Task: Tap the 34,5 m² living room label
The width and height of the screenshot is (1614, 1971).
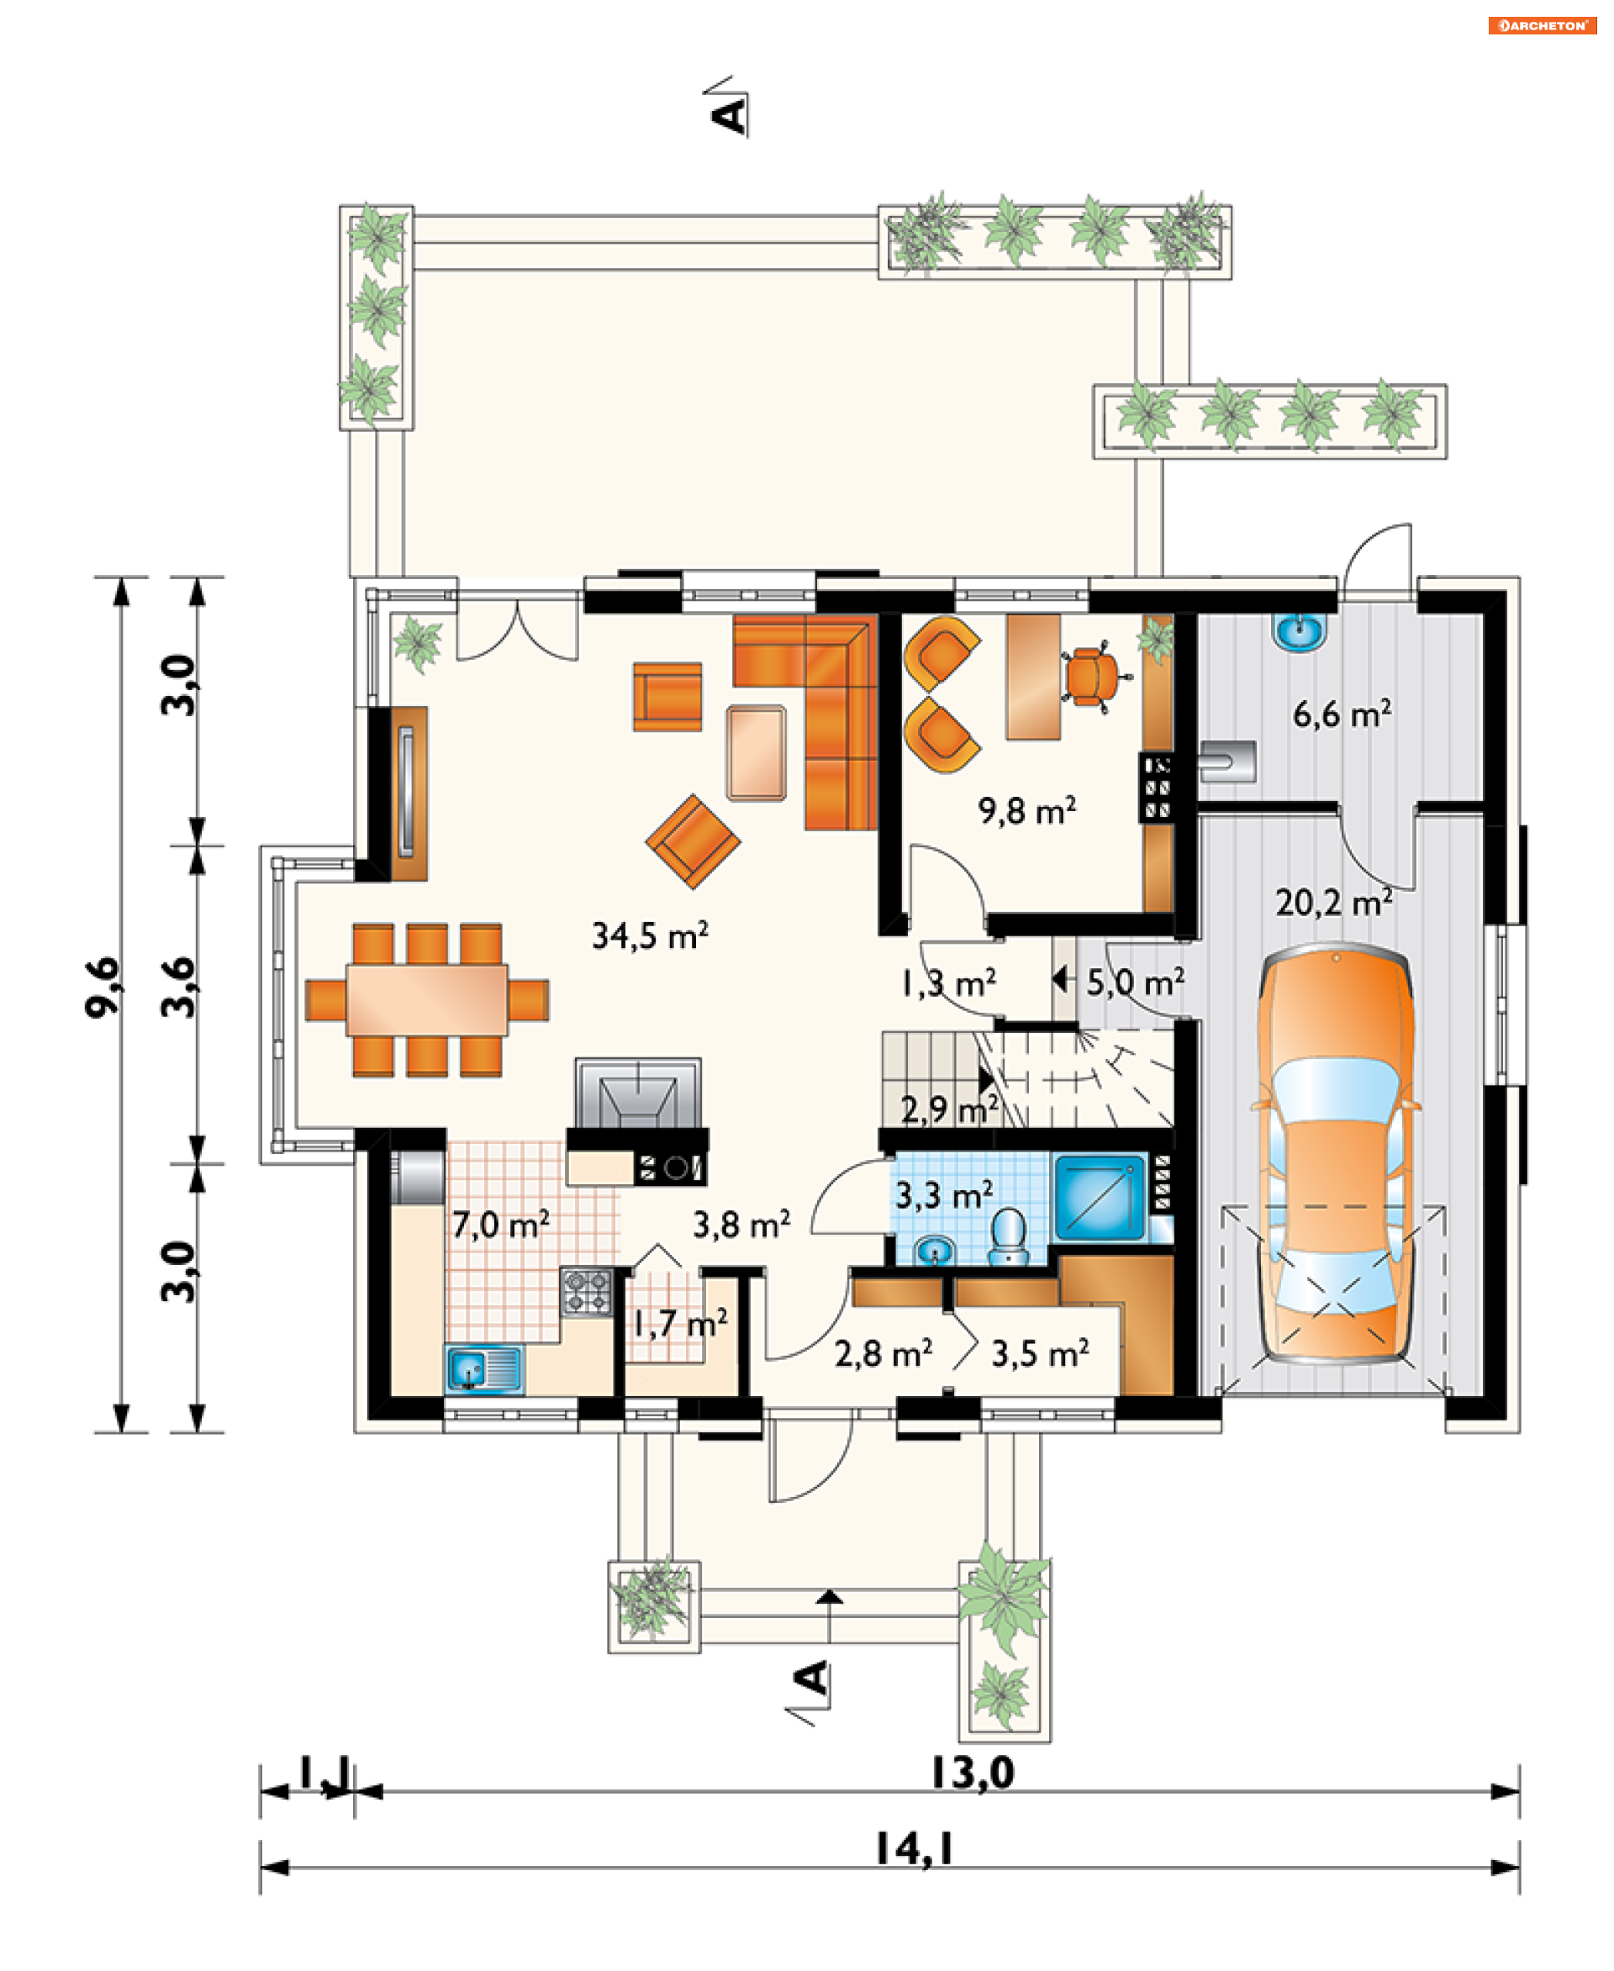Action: [650, 935]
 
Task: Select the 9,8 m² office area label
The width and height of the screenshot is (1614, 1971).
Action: [1026, 811]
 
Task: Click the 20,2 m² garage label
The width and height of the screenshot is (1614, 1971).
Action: [1334, 902]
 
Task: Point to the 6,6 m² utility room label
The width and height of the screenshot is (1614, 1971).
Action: [1342, 714]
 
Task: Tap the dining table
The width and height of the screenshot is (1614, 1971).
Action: [427, 1000]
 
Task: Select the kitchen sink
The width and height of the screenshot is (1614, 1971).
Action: [483, 1368]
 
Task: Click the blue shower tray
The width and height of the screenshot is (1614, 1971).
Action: [1100, 1197]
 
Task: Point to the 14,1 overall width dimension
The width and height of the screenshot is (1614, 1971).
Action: [915, 1849]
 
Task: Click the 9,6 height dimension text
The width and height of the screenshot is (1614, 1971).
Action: [103, 988]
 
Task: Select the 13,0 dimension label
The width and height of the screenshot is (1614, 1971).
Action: [973, 1773]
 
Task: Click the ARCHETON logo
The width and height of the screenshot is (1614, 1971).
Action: [1543, 25]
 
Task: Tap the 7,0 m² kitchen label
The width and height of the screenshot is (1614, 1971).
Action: [500, 1225]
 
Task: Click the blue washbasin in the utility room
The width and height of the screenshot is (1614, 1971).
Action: [1300, 631]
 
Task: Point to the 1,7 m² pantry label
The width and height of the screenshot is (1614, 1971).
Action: [679, 1323]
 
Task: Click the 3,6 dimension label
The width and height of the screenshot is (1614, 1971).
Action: [178, 988]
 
